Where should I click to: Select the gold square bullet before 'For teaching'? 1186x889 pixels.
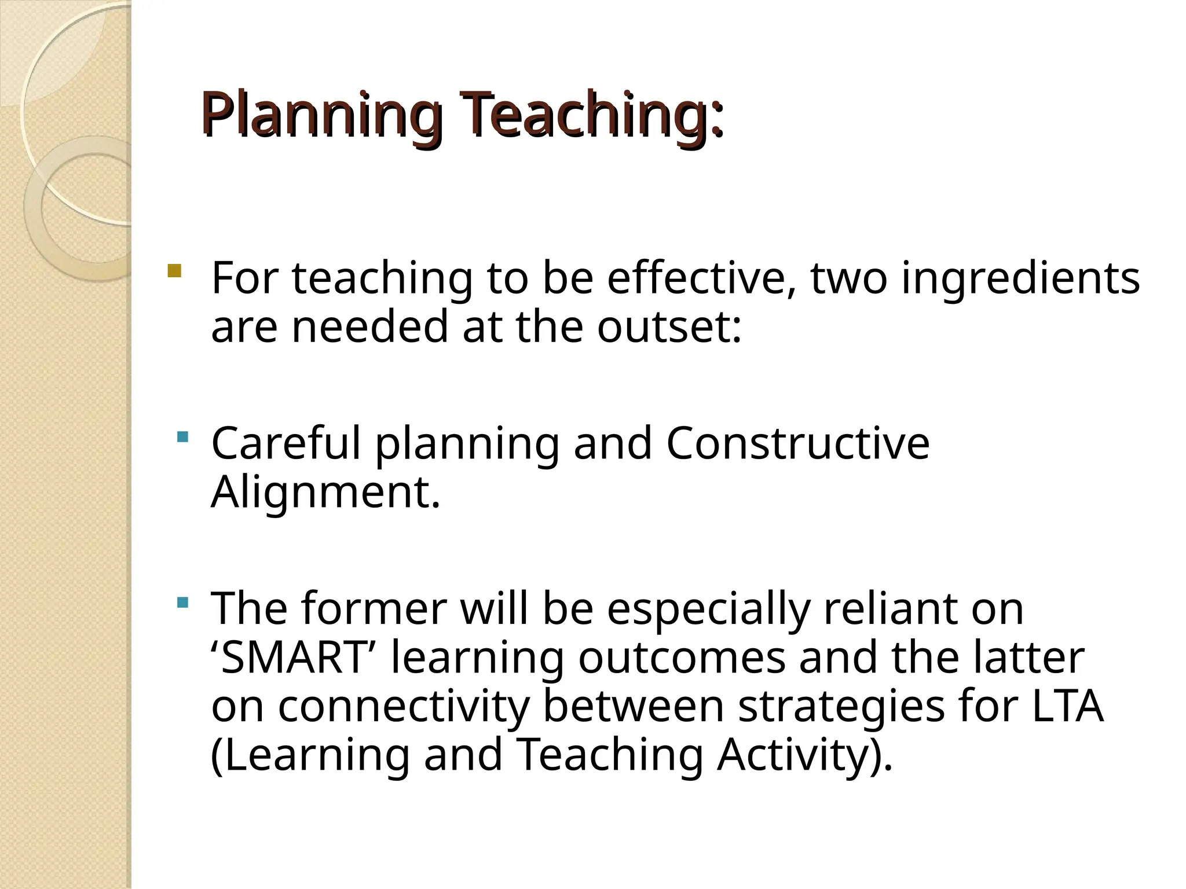point(174,270)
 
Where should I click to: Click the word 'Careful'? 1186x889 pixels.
point(287,443)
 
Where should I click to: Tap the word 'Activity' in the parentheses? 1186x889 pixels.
point(793,756)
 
